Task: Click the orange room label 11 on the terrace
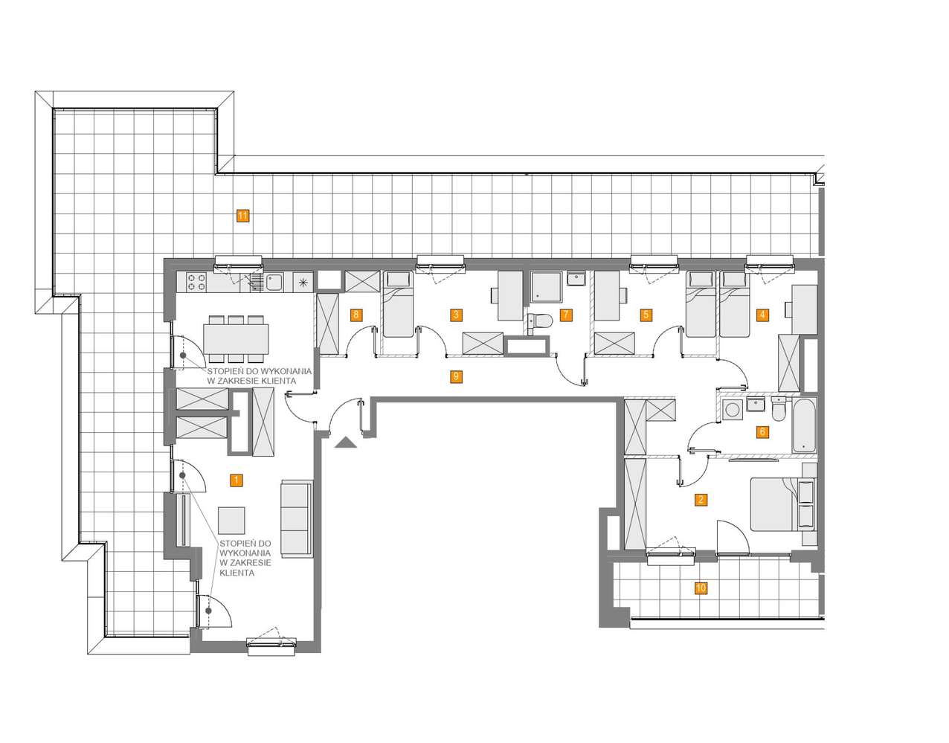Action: (x=242, y=216)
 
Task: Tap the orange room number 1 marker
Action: (x=236, y=480)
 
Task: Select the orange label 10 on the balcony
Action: (x=701, y=588)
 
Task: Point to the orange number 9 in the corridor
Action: (x=456, y=376)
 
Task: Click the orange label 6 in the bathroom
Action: (x=762, y=431)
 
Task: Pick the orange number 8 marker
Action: (x=356, y=315)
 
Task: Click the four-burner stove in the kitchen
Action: (x=196, y=282)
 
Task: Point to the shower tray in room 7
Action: (x=546, y=286)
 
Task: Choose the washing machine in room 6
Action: (x=732, y=410)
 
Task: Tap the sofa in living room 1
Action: (x=297, y=518)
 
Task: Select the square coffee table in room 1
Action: (x=231, y=521)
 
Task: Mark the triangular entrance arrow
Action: (x=346, y=443)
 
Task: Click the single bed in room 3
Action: (x=398, y=304)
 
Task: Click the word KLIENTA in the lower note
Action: (x=237, y=573)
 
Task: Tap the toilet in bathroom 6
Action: (x=778, y=408)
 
